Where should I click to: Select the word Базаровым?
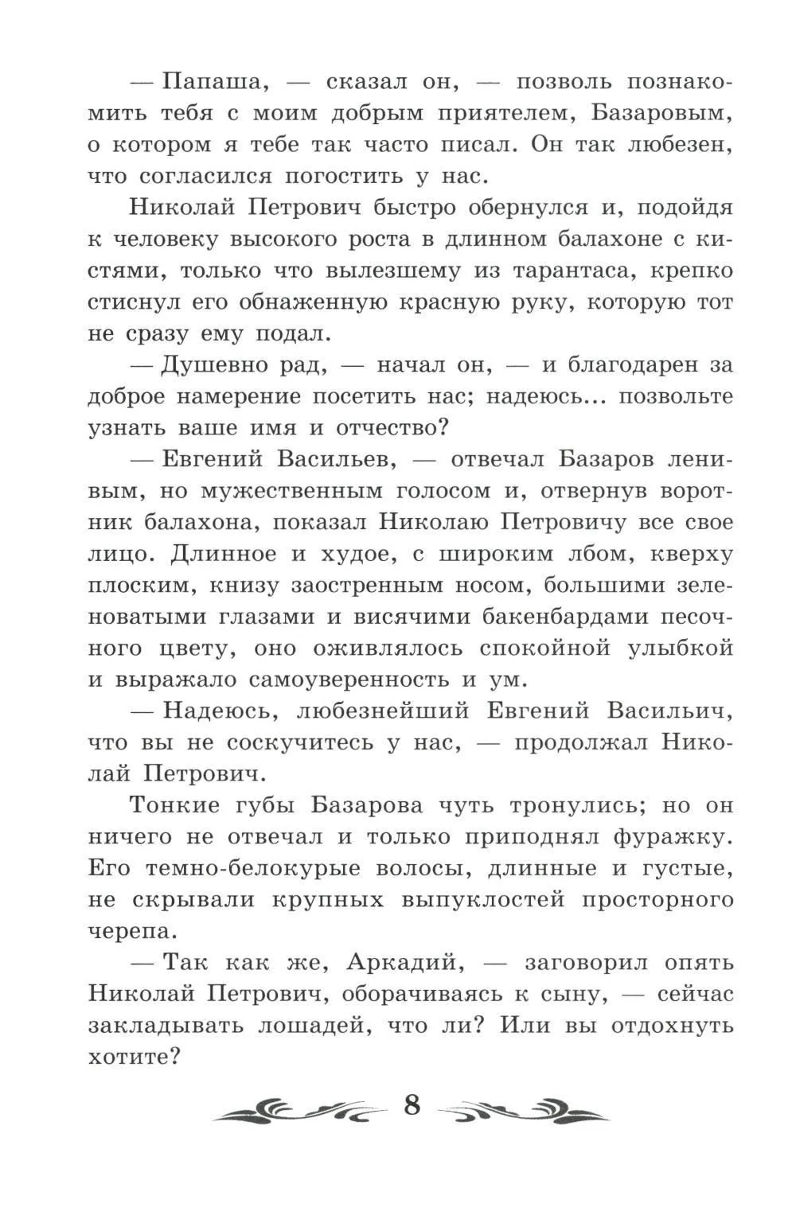(x=661, y=114)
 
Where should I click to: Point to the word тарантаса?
(x=556, y=271)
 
